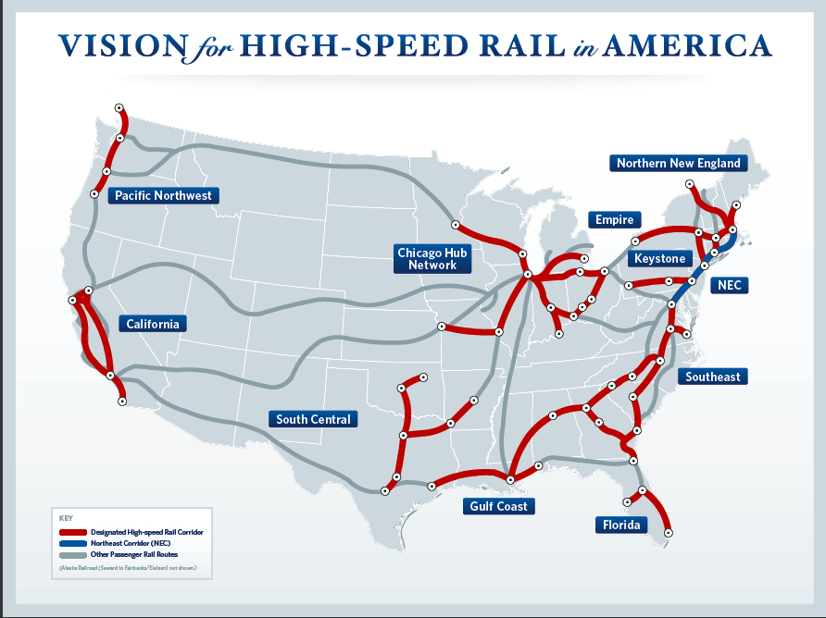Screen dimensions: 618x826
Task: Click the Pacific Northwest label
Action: coord(163,195)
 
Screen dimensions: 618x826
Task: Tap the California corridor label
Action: coord(153,324)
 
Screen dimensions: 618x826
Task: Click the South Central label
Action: coord(313,419)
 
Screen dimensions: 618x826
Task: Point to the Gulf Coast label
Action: coord(498,506)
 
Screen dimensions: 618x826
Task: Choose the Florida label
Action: coord(621,525)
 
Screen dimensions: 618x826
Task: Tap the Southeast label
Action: coord(713,377)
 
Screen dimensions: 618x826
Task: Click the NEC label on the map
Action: coord(729,285)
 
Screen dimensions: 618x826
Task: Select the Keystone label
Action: coord(660,258)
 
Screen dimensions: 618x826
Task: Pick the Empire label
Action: coord(614,219)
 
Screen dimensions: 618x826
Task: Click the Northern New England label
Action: coord(679,163)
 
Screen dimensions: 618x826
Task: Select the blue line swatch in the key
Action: coord(72,543)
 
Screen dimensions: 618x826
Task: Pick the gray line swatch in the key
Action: coord(72,553)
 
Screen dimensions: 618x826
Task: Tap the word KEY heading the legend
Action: coord(65,518)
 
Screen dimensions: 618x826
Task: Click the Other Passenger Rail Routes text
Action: coord(139,553)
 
